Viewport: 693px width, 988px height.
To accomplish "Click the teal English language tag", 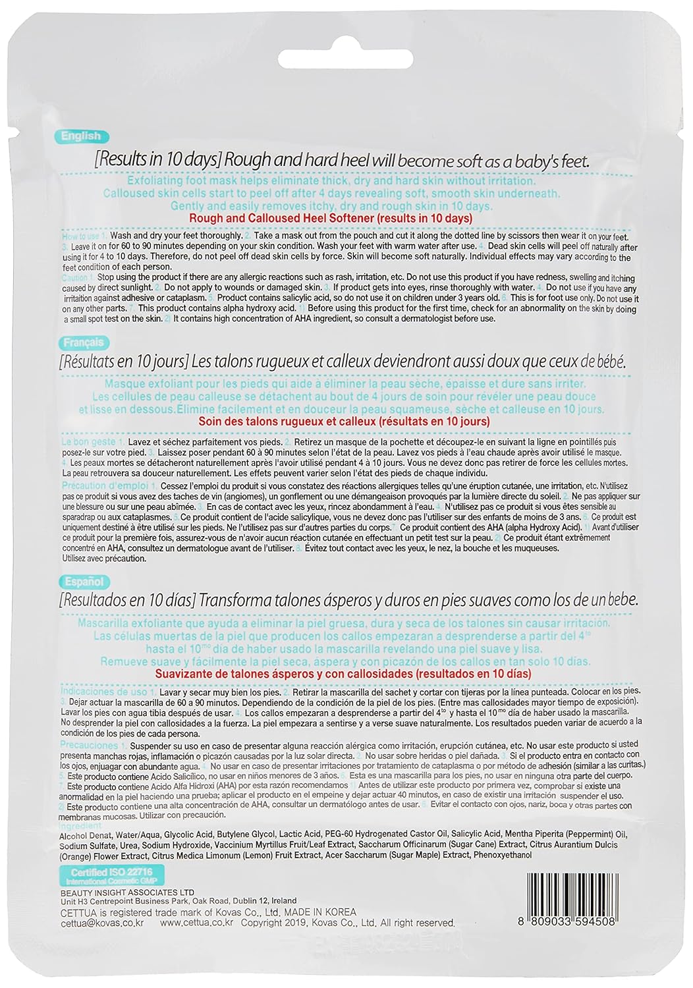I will click(81, 136).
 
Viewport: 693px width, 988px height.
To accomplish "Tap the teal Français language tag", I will click(84, 343).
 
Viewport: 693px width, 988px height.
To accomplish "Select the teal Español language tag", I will click(84, 582).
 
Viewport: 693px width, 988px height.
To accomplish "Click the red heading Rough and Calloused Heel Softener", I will click(330, 218).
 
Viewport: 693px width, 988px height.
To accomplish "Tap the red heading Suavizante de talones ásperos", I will click(343, 674).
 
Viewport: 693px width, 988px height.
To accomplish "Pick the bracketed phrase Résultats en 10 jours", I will click(125, 362).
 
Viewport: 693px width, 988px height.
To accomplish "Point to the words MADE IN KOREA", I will click(320, 912).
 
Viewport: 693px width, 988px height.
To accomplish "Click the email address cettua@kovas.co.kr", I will click(102, 923).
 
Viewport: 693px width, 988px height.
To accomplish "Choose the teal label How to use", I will click(80, 236).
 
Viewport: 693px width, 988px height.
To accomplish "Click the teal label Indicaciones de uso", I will click(104, 692).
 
